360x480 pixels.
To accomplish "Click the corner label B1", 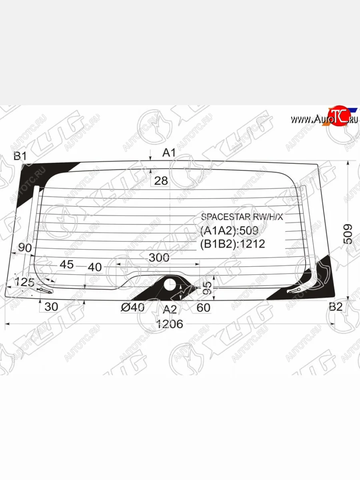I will (20, 156).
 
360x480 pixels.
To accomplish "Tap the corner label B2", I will (336, 307).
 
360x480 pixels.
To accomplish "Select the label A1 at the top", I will (169, 152).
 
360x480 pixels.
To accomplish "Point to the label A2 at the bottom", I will (170, 309).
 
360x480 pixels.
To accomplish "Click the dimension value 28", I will (161, 181).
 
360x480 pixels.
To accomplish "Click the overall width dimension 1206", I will (170, 324).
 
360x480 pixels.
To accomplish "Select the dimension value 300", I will (159, 258).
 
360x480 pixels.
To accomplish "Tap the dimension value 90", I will (25, 248).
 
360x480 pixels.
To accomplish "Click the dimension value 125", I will (25, 282).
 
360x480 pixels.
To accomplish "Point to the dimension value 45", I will (67, 265).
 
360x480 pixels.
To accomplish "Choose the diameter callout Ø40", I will (132, 308).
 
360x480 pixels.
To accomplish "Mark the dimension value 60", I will (203, 308).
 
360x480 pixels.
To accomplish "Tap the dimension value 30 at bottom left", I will (51, 307).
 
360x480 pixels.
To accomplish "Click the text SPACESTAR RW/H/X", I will (242, 217).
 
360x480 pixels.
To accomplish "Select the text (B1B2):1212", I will (232, 244).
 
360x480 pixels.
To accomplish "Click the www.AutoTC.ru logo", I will (324, 119).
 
